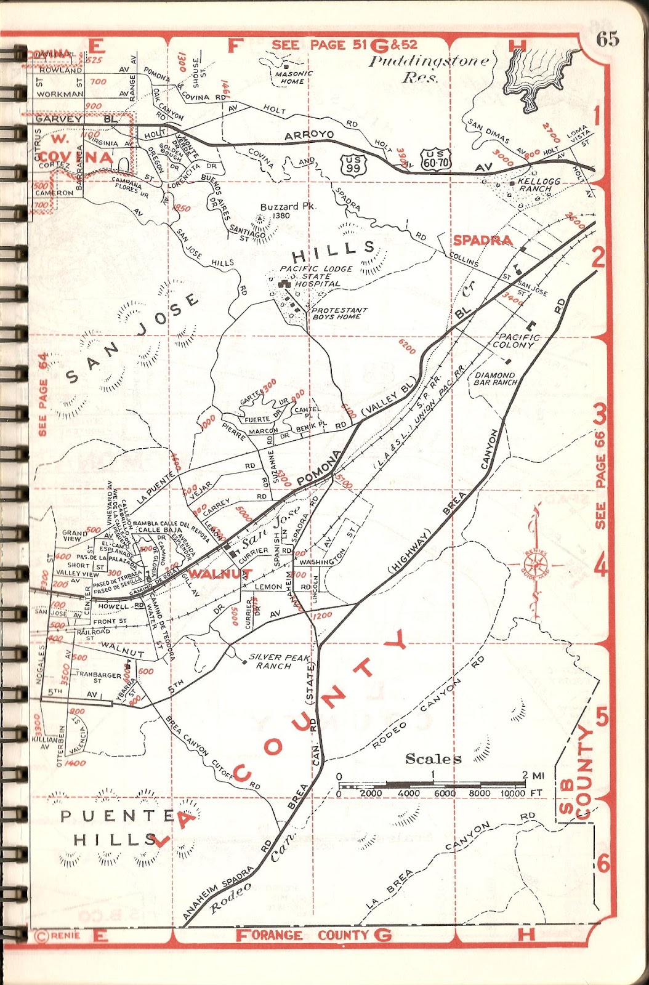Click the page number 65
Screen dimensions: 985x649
(607, 39)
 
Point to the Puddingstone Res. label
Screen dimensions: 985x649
(429, 69)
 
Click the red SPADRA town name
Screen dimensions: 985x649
(482, 240)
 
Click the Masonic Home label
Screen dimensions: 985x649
(294, 77)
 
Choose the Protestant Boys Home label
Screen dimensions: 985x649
(339, 313)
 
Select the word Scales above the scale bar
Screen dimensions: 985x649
(433, 758)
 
